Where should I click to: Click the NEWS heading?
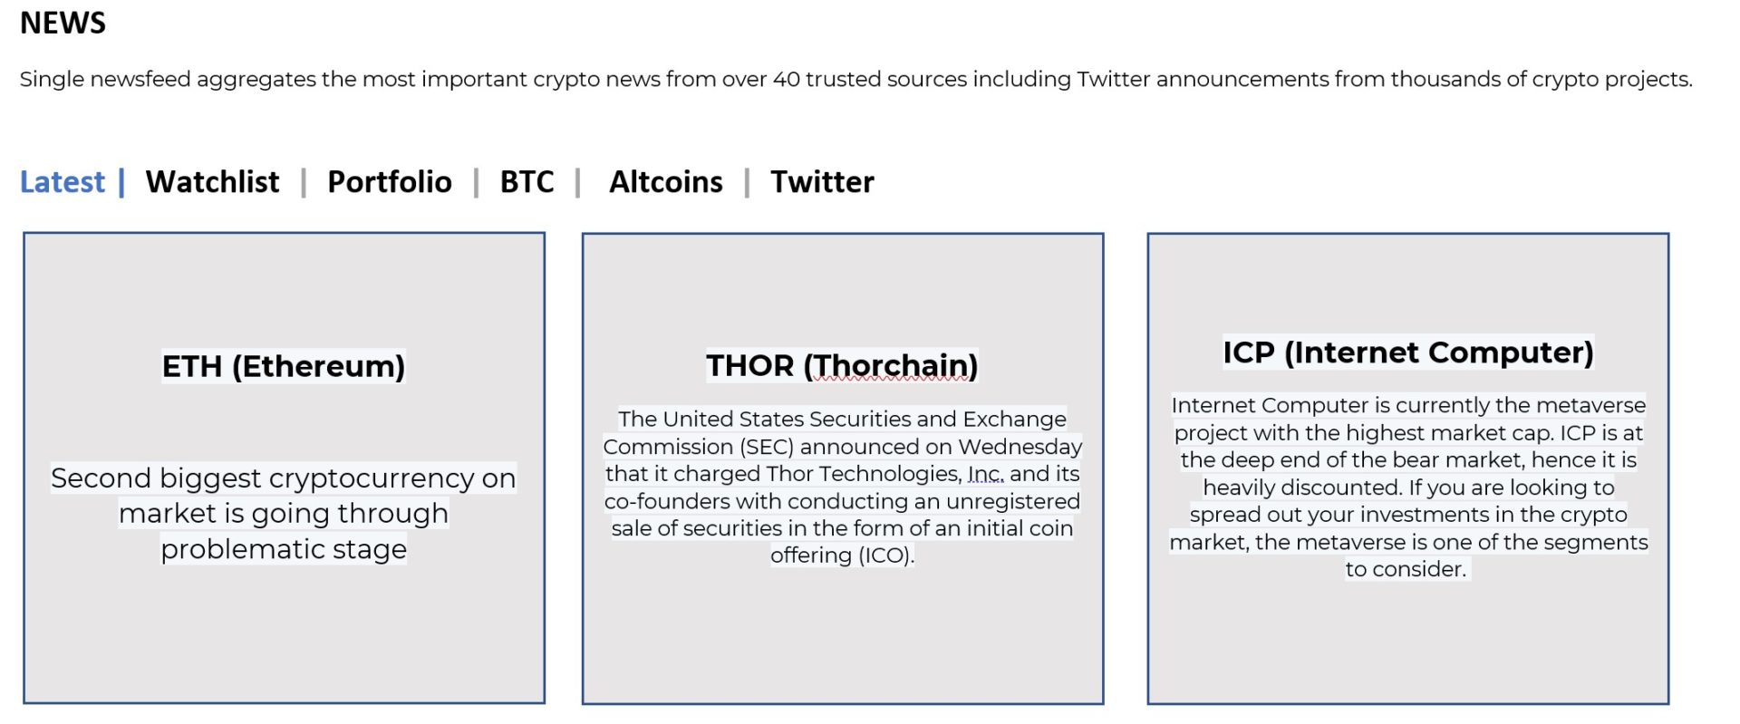click(63, 23)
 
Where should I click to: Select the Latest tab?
click(63, 182)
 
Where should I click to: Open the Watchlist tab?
click(212, 182)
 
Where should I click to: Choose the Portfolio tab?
click(390, 182)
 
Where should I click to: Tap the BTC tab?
click(527, 182)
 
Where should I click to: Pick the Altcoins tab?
click(666, 182)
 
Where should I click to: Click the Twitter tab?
click(823, 182)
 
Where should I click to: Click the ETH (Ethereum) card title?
click(284, 366)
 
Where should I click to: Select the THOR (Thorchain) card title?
click(843, 365)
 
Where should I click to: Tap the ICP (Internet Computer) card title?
click(1408, 352)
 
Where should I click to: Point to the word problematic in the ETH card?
click(242, 549)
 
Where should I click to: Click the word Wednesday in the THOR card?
click(1020, 447)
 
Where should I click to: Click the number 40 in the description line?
click(787, 80)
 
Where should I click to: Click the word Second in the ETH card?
click(101, 478)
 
